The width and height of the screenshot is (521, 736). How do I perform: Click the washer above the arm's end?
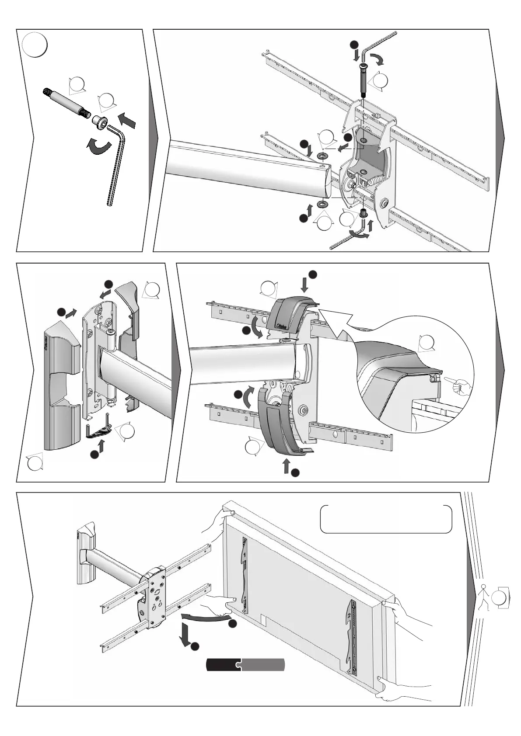point(322,156)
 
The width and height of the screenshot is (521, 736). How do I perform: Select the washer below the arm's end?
point(323,205)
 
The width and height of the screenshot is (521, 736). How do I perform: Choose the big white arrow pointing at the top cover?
point(339,324)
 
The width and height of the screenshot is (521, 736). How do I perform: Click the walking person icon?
point(484,597)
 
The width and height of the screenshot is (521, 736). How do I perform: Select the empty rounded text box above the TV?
point(386,519)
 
